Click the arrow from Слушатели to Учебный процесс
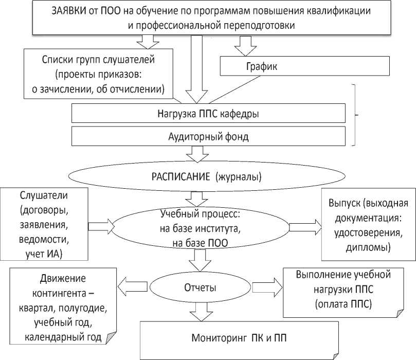click(x=101, y=225)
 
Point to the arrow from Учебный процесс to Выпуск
click(x=304, y=227)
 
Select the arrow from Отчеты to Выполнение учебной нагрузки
click(x=265, y=286)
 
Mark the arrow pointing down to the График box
click(x=245, y=47)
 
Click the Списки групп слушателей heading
click(x=98, y=60)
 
